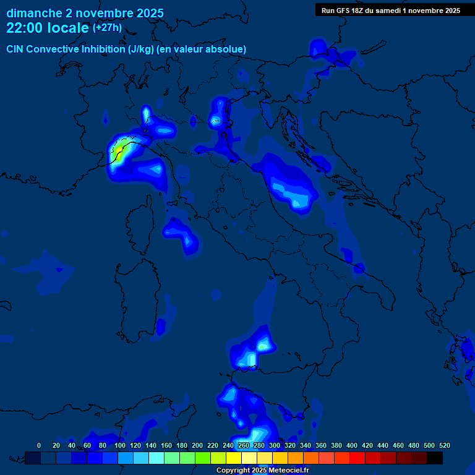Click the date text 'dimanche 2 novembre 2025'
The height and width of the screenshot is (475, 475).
tap(85, 13)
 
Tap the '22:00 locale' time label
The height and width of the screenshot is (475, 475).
tap(47, 28)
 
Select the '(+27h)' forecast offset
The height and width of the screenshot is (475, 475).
tap(106, 28)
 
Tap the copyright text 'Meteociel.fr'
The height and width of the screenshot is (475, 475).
tap(288, 471)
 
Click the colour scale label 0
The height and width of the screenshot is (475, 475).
tap(39, 445)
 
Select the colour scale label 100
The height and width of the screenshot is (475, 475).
tap(120, 445)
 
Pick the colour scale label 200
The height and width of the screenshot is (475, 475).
tap(197, 445)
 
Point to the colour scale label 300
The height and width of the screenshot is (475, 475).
tap(275, 445)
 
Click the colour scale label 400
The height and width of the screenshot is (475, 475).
tap(352, 445)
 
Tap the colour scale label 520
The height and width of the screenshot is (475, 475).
tap(444, 445)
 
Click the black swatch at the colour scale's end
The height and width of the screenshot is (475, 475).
tap(435, 458)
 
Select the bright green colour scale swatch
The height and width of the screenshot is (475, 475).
tap(203, 458)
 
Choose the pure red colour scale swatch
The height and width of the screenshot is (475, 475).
tap(357, 458)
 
